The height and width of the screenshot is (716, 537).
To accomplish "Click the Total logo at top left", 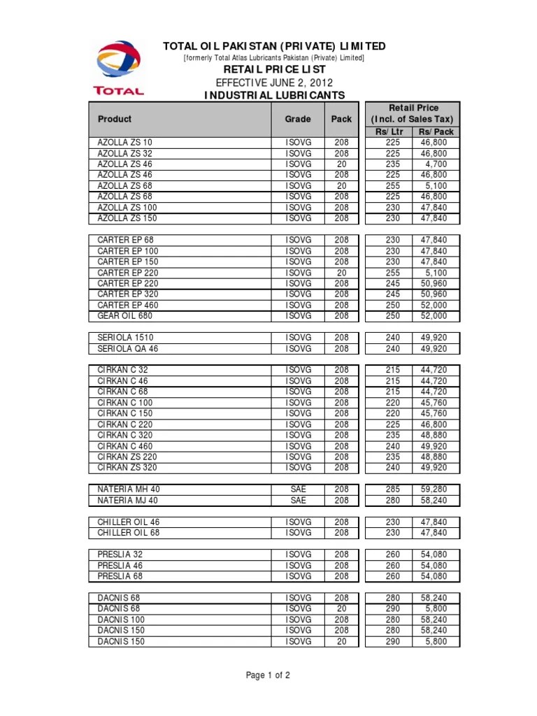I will [x=118, y=67].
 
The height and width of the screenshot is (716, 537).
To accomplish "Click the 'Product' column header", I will [x=115, y=119].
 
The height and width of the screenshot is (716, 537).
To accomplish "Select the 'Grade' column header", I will [x=297, y=119].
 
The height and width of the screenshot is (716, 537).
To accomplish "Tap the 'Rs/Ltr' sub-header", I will [x=389, y=131].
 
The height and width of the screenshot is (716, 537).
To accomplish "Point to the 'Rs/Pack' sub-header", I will [x=436, y=131].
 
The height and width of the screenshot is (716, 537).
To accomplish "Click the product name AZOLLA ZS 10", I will [x=124, y=143].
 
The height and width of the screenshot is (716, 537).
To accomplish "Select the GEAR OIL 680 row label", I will [x=125, y=316].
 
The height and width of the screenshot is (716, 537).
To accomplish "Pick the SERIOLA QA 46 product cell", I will [x=128, y=348].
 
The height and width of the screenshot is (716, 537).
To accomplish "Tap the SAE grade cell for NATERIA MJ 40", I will [x=298, y=501].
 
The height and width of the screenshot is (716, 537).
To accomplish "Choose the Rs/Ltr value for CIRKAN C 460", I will [x=392, y=446].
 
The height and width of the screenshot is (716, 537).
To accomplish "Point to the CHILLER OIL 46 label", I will [x=129, y=522].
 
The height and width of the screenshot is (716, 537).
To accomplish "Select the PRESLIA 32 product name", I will [x=120, y=554].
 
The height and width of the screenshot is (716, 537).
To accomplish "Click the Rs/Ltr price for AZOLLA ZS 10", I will [x=392, y=143].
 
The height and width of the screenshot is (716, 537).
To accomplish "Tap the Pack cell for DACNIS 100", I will [x=341, y=620].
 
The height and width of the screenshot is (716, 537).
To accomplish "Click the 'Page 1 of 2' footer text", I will [x=268, y=675].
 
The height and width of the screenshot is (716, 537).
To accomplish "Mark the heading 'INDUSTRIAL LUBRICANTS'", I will [x=274, y=95].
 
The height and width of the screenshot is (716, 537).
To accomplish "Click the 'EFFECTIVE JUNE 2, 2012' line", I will [x=274, y=83].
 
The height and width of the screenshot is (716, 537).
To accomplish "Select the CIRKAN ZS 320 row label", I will [x=127, y=467].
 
